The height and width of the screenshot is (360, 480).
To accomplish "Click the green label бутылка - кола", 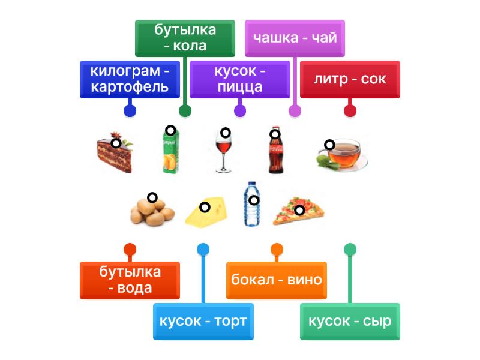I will point(184,38).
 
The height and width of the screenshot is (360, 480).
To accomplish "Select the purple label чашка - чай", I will point(295,38).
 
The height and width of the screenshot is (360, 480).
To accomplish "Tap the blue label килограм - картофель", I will point(130,79).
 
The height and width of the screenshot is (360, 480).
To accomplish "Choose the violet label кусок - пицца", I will point(239,79).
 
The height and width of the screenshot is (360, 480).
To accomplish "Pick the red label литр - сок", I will point(350,79).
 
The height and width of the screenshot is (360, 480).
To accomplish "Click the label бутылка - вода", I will point(130,280).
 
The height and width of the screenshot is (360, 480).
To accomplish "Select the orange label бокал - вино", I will point(276,280).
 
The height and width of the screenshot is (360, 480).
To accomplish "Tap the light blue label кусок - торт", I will point(203,322).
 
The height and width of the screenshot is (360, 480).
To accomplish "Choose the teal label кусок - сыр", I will point(350,322).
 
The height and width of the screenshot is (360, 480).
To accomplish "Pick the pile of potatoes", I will point(152,210).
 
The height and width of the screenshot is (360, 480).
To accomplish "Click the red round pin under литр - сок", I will point(350,111).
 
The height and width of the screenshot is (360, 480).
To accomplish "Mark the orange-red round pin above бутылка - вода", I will point(130,250).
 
